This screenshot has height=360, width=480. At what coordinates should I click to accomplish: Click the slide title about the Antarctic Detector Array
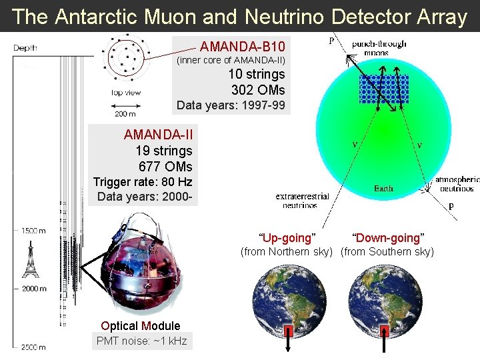[240, 17]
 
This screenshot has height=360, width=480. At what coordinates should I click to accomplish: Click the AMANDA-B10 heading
[243, 47]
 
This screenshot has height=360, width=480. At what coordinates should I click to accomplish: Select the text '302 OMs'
[258, 90]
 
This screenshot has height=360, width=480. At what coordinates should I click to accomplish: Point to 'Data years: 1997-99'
[231, 105]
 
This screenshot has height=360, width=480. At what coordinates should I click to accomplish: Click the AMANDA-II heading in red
[158, 135]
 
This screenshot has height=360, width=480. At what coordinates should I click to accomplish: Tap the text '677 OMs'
[165, 167]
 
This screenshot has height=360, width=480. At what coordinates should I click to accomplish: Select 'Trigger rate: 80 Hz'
[143, 182]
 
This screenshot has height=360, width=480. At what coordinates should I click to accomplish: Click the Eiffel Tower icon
[31, 259]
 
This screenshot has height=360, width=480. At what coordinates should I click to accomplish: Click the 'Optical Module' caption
[141, 326]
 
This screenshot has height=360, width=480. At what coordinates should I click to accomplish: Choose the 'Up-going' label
[287, 238]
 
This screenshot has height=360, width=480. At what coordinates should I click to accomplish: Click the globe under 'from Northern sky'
[288, 301]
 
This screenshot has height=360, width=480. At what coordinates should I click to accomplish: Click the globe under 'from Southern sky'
[385, 301]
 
